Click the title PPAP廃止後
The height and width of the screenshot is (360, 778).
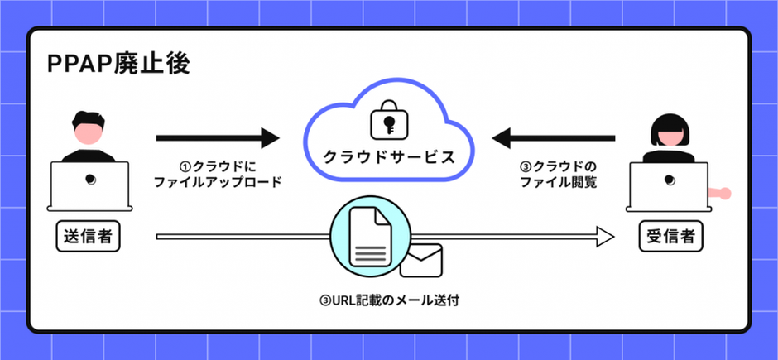pyautogui.click(x=119, y=65)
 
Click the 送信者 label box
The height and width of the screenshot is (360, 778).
pyautogui.click(x=89, y=237)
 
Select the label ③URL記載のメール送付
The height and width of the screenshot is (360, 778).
pyautogui.click(x=388, y=300)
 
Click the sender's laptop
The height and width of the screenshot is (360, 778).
pyautogui.click(x=89, y=184)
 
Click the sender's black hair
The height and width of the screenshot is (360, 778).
pyautogui.click(x=88, y=118)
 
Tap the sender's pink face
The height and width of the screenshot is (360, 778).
pyautogui.click(x=88, y=134)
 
